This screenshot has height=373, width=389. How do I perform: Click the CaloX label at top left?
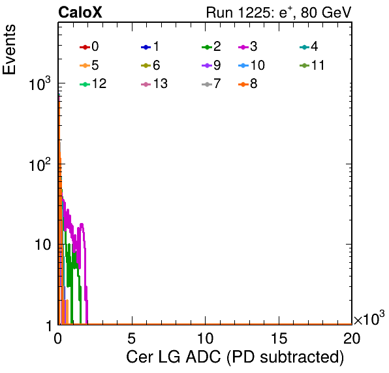point(80,12)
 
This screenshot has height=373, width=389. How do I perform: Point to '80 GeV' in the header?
point(326,12)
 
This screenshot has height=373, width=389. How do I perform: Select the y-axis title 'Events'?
point(9,50)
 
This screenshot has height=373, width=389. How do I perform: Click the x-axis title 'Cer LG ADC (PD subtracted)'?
point(235,357)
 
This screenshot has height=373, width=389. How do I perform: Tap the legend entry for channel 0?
point(89,46)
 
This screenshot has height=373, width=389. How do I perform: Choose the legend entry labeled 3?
point(247,46)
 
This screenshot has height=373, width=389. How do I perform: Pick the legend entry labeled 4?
point(309,46)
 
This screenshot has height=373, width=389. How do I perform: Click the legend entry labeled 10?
point(251,65)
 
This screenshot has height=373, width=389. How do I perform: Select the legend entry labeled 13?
point(154,84)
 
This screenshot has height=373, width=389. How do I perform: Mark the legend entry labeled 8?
point(247,84)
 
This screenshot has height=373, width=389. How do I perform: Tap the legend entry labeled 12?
point(93,84)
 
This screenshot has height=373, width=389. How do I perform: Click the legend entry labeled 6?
point(150,65)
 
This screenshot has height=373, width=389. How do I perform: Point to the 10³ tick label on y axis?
point(40,83)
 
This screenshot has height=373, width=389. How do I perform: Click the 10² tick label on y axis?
point(40,164)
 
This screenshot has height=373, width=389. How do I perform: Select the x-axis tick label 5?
point(131,338)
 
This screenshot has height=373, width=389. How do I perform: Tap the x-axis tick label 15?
point(279,338)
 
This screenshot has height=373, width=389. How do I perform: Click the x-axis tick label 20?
point(352,338)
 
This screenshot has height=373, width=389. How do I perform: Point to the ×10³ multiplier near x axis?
point(369,318)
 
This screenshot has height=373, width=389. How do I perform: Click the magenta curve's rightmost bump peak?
point(82,224)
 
